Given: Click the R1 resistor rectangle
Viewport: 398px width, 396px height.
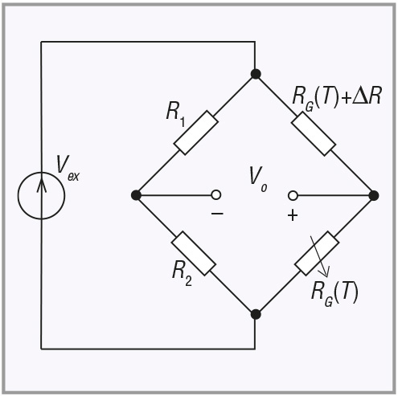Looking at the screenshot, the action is [196, 133].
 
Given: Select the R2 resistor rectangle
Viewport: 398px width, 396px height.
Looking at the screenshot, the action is [194, 253].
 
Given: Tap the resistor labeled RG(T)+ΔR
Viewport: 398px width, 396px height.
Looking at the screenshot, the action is [314, 133].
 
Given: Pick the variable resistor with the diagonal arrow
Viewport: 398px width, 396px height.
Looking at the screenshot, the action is [317, 253].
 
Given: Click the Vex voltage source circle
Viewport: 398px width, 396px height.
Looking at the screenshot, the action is [41, 196].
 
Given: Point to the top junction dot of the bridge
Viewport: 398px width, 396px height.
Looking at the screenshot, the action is [256, 74].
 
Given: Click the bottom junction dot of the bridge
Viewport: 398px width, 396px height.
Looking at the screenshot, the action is [256, 314].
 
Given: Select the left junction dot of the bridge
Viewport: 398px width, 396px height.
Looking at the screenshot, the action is [136, 195].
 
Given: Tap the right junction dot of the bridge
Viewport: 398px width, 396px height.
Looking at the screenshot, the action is [374, 196].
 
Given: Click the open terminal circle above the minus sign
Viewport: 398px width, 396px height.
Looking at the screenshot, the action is [216, 195].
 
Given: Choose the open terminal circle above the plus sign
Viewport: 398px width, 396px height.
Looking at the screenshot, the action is [293, 196].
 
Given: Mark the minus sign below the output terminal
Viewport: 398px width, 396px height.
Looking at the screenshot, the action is [217, 214].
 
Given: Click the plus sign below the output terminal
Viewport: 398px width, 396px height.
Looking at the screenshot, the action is [293, 215].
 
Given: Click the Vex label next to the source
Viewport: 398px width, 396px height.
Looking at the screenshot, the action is [68, 169].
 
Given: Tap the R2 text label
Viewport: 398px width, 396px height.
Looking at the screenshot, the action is [182, 273].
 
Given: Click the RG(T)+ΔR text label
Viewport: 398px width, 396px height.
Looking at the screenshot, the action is [336, 98].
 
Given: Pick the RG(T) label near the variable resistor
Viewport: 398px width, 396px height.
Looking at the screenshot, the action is [334, 293].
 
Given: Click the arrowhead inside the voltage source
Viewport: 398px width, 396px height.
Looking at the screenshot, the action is [41, 185].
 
